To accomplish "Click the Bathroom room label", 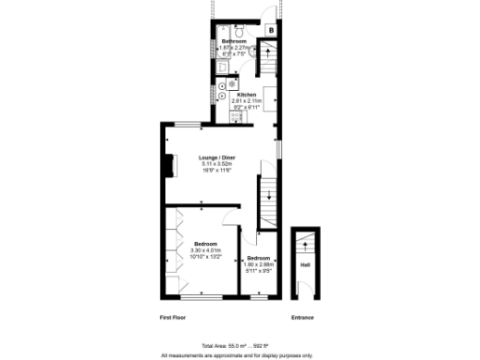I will click(x=234, y=42).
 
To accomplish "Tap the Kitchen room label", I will click(x=247, y=96).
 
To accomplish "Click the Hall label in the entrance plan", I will click(x=305, y=265).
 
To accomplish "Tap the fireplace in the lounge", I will click(x=171, y=167).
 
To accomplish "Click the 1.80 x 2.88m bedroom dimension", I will click(x=258, y=264).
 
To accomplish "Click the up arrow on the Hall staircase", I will click(x=305, y=246).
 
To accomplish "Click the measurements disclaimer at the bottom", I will click(x=239, y=355).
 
